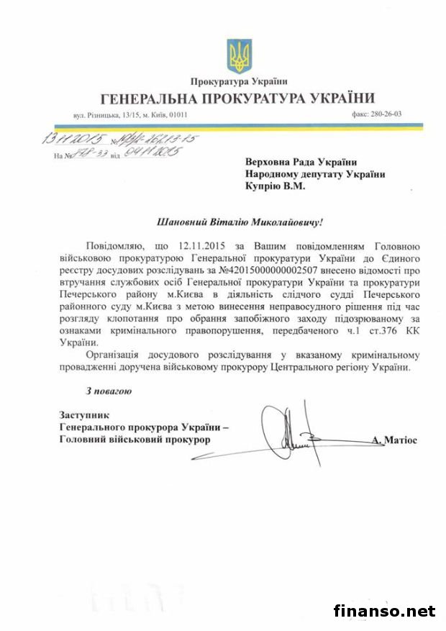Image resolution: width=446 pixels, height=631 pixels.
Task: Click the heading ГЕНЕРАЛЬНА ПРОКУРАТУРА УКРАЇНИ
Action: [x=238, y=98]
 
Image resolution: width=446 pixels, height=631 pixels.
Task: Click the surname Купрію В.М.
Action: [x=275, y=186]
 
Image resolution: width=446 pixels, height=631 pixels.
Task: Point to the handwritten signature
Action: [x=295, y=432]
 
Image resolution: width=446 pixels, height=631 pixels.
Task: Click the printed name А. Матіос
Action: [x=394, y=438]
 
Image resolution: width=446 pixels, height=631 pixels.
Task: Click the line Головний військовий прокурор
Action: [x=134, y=438]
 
